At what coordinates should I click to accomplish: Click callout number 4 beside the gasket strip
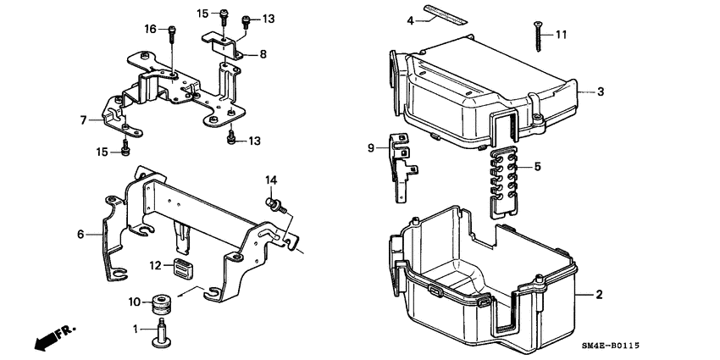(410, 19)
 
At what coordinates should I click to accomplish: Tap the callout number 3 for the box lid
(600, 91)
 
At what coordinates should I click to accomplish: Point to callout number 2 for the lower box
(599, 295)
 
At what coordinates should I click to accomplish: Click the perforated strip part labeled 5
(506, 176)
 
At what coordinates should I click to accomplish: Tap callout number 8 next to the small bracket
(263, 54)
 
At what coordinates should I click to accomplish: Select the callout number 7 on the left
(84, 120)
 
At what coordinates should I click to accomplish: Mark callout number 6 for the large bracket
(81, 234)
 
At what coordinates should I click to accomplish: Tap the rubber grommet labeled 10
(158, 302)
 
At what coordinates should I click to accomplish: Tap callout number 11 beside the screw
(560, 35)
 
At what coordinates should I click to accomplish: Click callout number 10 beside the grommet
(133, 302)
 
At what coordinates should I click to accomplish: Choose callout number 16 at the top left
(151, 29)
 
